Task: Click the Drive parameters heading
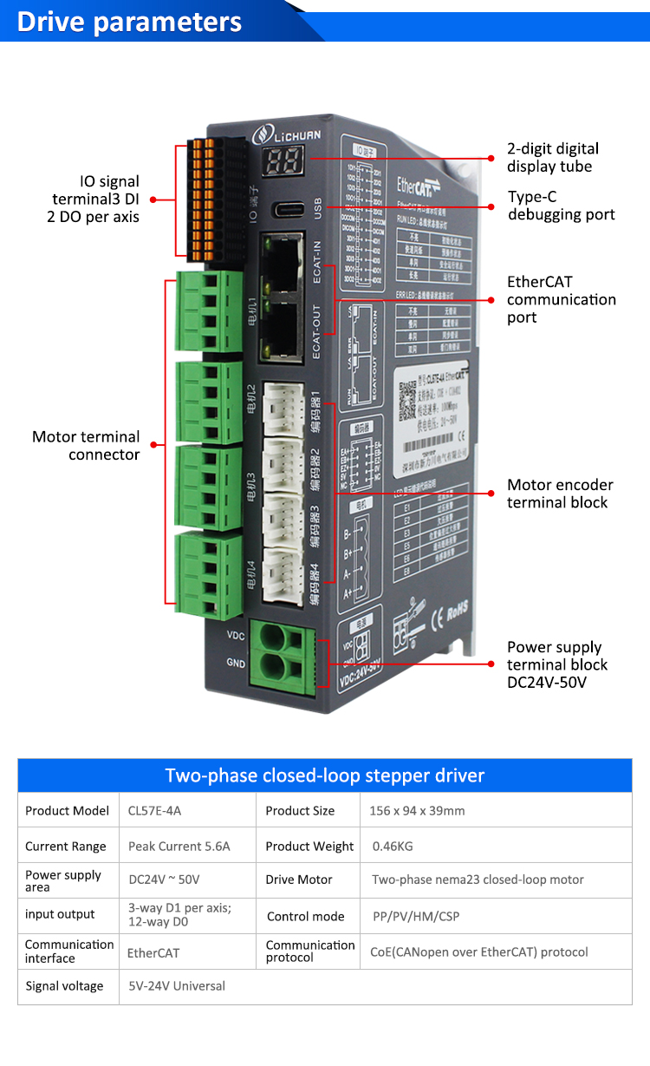point(130,22)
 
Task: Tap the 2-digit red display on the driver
point(285,159)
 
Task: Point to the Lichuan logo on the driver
point(289,135)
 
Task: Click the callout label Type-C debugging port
point(561,206)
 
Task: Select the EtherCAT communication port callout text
point(561,299)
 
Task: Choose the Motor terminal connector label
point(86,445)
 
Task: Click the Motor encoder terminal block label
point(559,494)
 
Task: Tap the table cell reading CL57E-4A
point(155,811)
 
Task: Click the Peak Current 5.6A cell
point(179,847)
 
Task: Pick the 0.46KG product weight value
point(393,847)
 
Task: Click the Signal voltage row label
point(64,986)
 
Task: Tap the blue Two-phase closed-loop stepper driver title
point(325,775)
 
